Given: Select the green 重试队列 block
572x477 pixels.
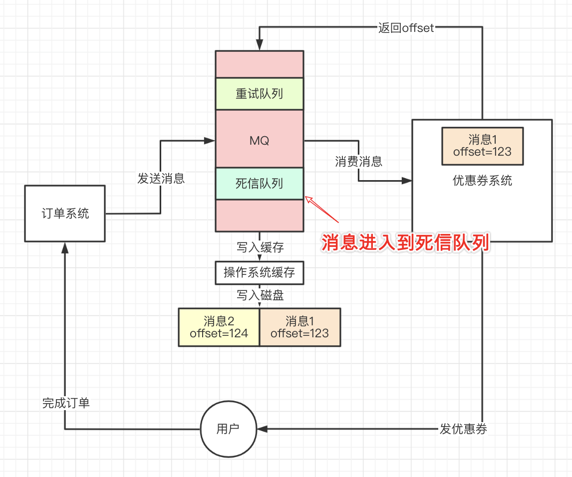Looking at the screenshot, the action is pos(260,94).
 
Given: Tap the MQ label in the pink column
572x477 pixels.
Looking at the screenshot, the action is pos(260,140).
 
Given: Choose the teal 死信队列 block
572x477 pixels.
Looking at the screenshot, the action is pos(260,184).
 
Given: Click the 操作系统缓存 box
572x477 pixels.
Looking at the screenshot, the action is pos(260,272).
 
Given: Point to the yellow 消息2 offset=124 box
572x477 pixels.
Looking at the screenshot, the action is pos(219,327).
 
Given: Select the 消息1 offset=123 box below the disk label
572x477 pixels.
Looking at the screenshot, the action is pos(300,327).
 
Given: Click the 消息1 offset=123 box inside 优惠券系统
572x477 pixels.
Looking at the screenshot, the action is pos(482,146).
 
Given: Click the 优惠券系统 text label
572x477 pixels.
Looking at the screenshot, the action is pos(482,180).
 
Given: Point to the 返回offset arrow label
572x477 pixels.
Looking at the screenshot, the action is pos(406,28).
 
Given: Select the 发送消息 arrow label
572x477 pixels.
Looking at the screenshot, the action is pos(161,178).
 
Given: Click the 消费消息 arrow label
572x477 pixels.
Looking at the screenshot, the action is pos(358,161).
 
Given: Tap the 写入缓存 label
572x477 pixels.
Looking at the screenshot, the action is pos(260,247).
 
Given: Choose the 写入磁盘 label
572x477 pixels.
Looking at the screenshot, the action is pos(260,295).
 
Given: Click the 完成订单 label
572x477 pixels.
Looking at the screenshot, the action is pos(66,403).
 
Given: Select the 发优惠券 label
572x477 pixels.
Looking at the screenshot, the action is pos(463,429).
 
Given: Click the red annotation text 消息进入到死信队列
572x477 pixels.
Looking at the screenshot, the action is pos(405,242).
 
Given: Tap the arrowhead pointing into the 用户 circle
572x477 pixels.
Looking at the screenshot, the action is pos(262,429).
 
